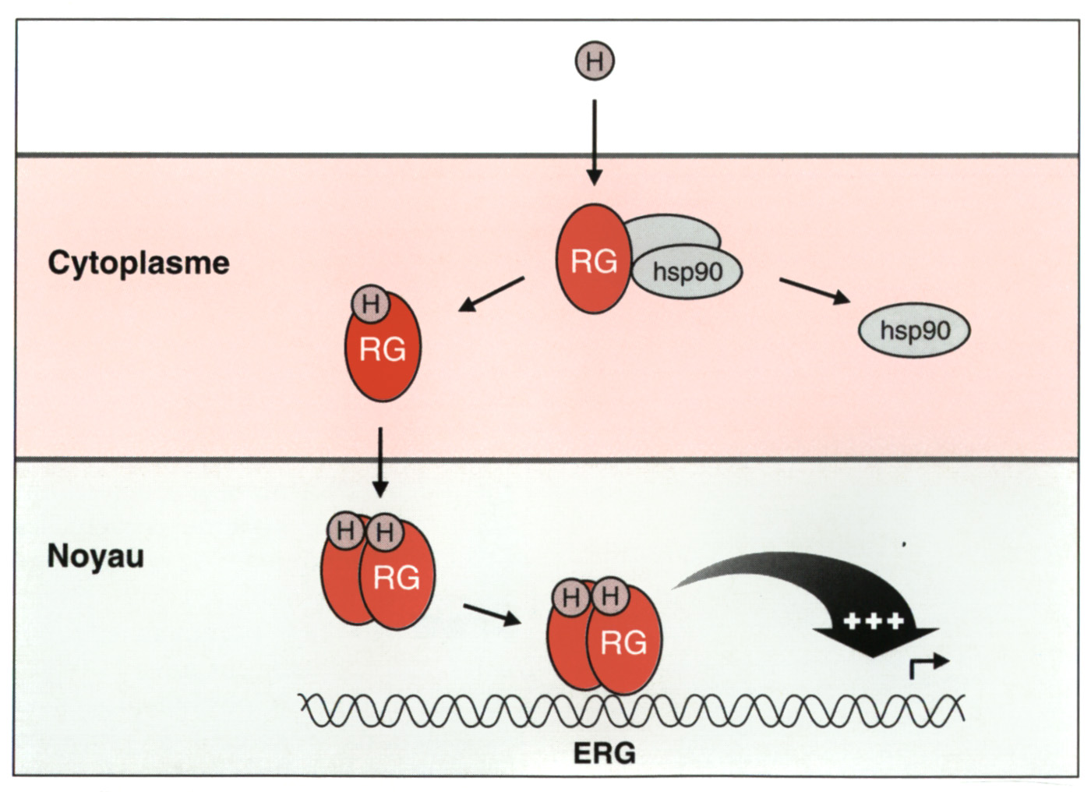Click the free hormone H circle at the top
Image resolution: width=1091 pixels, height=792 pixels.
[x=595, y=61]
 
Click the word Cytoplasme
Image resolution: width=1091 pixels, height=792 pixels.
[x=139, y=263]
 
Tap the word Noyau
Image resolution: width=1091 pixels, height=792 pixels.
[x=96, y=557]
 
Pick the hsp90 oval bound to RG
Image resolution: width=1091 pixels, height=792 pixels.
[x=687, y=272]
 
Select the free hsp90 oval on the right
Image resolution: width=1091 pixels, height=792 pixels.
[x=915, y=331]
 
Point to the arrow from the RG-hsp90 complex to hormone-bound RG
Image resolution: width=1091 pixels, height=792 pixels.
[x=492, y=294]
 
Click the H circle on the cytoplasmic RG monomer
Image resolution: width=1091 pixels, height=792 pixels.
[x=371, y=304]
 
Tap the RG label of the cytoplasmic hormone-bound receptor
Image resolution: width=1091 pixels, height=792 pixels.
[x=383, y=350]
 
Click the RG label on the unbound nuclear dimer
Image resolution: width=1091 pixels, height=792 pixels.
[x=397, y=578]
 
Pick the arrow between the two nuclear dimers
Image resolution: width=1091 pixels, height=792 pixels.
[x=492, y=614]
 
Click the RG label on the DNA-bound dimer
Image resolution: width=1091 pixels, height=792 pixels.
[x=623, y=643]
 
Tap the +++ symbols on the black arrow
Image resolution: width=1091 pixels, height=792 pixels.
[x=874, y=621]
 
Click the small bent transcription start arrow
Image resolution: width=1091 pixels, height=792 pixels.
[x=928, y=665]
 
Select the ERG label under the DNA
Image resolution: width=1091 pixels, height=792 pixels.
[x=605, y=754]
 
